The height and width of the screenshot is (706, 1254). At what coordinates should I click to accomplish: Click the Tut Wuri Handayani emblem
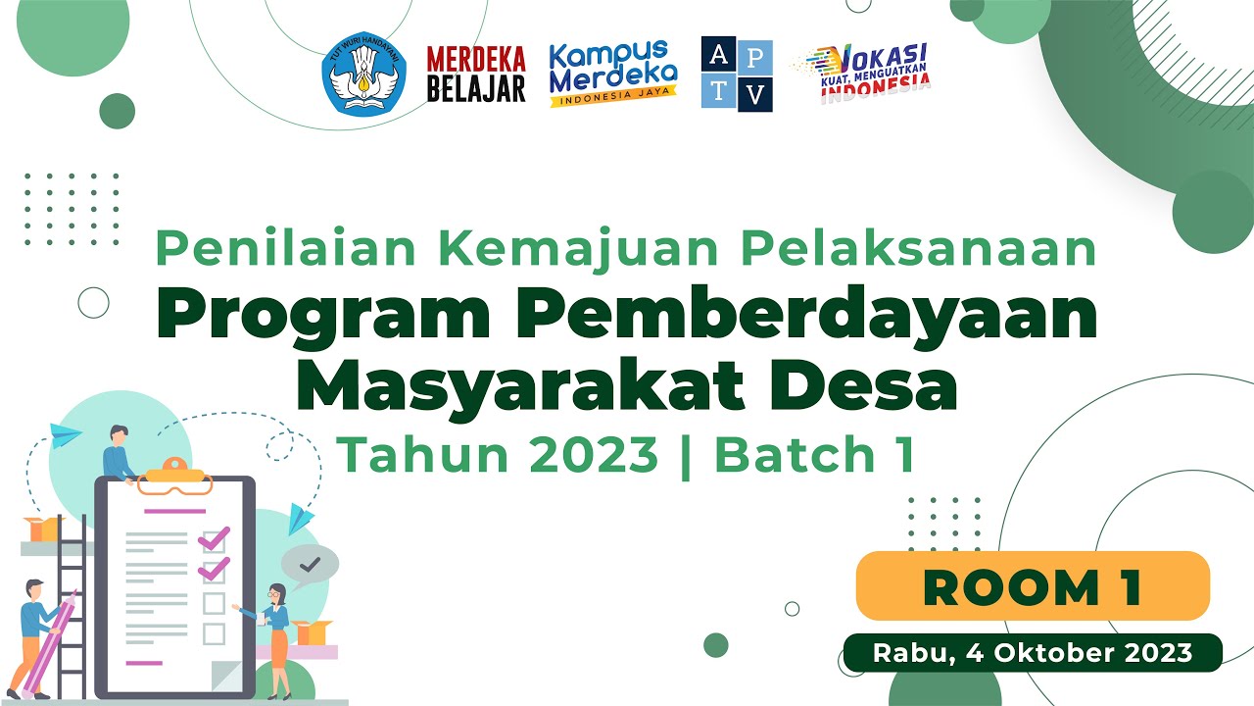363,74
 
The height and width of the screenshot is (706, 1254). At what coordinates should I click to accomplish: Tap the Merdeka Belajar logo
476,75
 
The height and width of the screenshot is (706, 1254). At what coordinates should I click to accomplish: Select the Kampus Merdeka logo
613,74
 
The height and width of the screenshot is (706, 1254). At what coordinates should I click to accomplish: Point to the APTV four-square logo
737,75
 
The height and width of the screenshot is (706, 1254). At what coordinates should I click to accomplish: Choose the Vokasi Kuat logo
862,73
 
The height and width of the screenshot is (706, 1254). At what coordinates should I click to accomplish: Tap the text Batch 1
814,454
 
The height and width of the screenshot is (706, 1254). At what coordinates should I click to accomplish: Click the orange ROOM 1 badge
1033,586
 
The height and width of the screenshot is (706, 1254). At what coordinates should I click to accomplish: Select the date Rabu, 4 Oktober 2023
1033,653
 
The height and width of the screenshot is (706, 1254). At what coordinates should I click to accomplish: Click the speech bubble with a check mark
310,565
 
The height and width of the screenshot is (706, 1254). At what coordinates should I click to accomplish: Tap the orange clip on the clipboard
174,479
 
